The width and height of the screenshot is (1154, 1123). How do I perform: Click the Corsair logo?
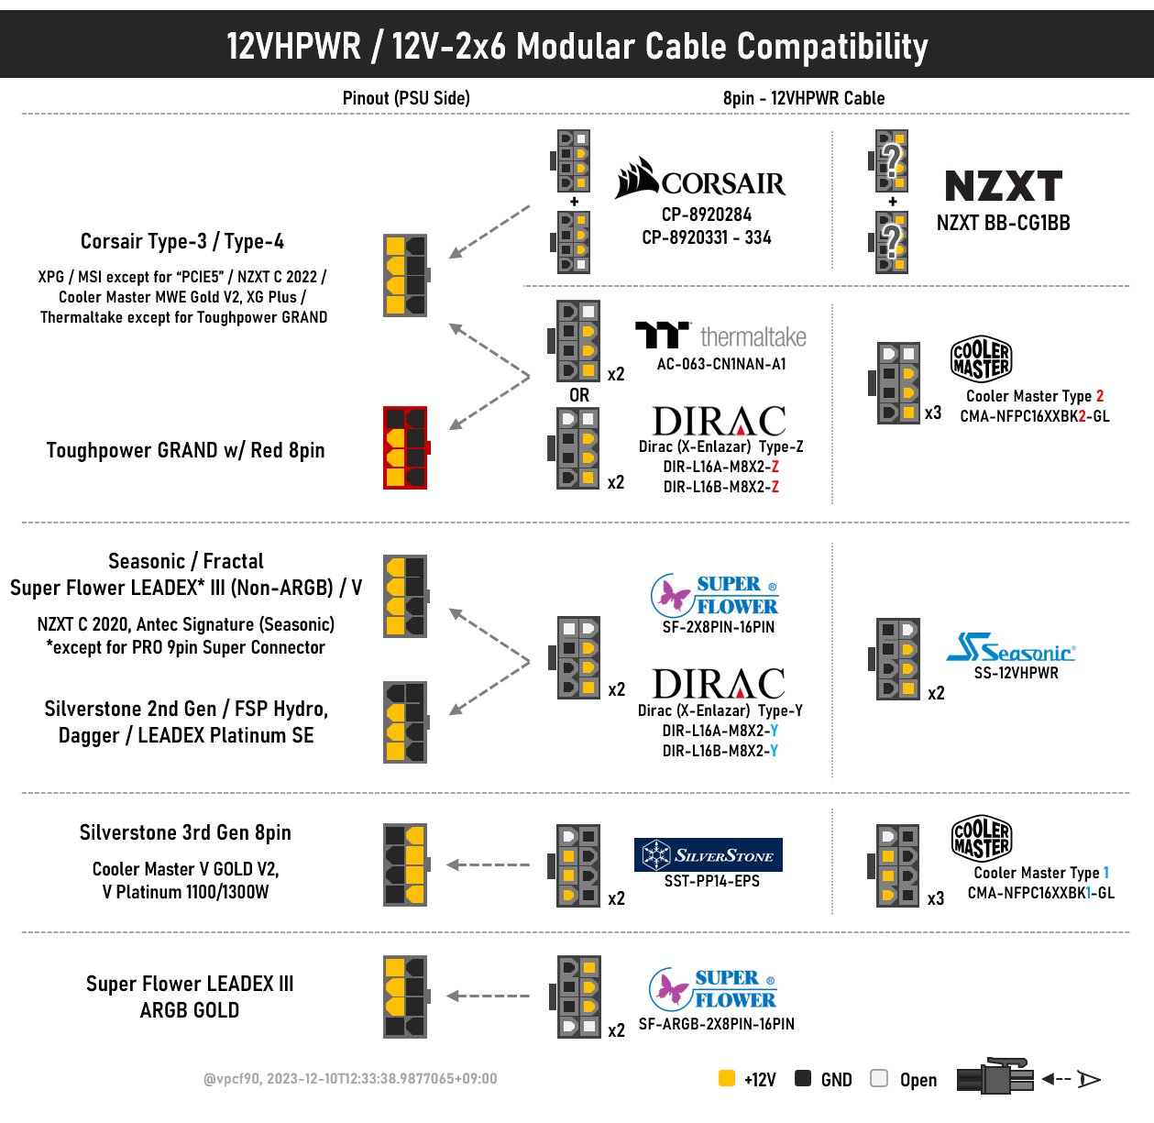701,180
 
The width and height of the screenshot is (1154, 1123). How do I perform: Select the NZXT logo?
1003,186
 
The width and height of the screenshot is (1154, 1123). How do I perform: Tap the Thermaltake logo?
720,336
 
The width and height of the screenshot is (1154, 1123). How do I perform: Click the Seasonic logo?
1010,648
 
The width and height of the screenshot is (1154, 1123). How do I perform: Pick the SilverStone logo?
708,855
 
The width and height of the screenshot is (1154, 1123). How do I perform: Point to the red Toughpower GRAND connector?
405,448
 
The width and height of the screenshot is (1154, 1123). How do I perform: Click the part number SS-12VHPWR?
1016,673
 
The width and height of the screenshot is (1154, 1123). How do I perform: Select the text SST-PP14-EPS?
712,881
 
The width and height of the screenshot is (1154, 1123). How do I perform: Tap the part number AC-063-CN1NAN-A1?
721,364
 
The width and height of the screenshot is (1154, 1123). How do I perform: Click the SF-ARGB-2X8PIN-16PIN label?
716,1024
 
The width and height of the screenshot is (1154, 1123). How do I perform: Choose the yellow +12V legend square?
727,1078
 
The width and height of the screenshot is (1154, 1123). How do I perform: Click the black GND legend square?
803,1078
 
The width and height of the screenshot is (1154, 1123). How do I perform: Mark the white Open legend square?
879,1078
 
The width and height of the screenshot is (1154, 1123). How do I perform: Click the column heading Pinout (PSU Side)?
406,98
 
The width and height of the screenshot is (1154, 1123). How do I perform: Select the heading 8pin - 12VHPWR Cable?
804,98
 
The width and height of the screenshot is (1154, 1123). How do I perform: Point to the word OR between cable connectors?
579,395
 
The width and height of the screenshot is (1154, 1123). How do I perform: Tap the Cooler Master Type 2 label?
1035,396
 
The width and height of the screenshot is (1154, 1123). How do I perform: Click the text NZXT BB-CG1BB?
1003,223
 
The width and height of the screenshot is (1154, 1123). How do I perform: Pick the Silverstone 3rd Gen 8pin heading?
185,832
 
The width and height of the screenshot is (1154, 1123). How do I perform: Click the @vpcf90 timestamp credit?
350,1079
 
